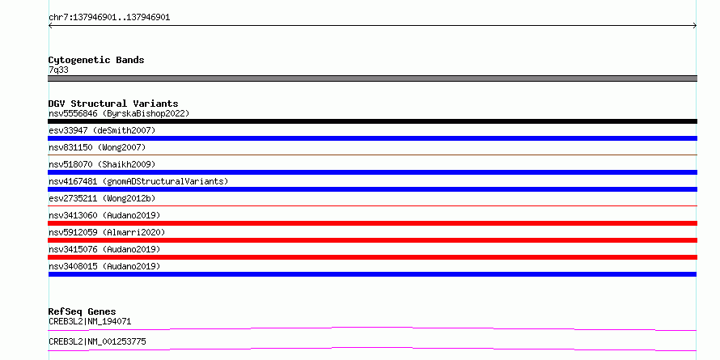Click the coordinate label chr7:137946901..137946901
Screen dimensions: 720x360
[x=109, y=18]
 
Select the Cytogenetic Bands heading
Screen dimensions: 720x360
[x=96, y=60]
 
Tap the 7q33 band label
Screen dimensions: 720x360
[x=59, y=70]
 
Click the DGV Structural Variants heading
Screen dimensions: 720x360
[x=113, y=104]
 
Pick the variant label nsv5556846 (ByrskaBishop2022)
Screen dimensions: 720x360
[x=119, y=113]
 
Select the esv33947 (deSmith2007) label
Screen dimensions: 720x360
[x=102, y=130]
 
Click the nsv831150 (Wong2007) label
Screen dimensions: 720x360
[x=97, y=147]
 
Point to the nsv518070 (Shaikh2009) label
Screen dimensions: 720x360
[x=102, y=164]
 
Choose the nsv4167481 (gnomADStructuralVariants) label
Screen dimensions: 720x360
[x=138, y=181]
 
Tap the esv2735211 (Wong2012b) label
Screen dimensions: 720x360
[x=102, y=198]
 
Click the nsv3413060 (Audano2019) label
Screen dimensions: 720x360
[x=104, y=215]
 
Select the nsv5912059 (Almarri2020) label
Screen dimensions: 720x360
[x=107, y=232]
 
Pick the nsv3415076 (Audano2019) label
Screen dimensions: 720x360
[x=104, y=249]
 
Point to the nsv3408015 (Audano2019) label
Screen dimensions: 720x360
[x=104, y=266]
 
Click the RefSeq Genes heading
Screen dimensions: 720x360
[x=82, y=312]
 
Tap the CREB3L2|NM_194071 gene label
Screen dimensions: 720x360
[x=90, y=322]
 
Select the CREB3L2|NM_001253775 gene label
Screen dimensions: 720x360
[x=97, y=342]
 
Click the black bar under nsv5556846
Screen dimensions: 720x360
[x=372, y=121]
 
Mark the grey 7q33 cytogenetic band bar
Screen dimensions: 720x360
[x=372, y=78]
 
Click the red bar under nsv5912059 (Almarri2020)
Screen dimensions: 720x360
[x=372, y=240]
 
